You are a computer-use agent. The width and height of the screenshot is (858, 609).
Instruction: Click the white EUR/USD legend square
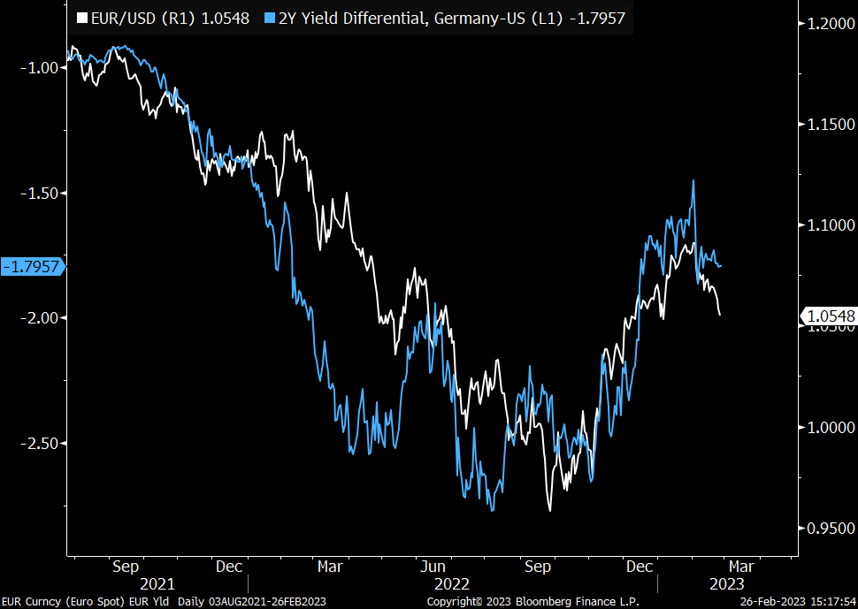pos(83,18)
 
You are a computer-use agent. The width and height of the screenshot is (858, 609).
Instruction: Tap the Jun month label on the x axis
pos(433,567)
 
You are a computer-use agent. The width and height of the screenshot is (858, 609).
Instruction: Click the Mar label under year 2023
pos(741,567)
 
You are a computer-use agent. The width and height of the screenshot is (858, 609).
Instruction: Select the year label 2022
pos(451,584)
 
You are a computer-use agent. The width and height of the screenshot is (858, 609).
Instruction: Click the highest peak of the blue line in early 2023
pos(693,180)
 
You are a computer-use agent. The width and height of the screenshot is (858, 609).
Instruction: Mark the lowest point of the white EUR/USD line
pos(549,510)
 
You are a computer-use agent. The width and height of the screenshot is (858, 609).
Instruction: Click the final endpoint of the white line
pos(720,315)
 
